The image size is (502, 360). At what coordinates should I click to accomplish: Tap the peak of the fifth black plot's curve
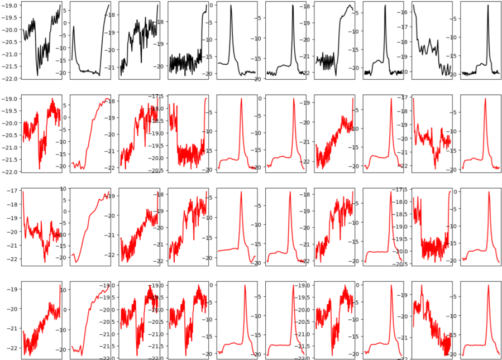231,6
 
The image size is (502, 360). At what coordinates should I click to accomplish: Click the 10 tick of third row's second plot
63,189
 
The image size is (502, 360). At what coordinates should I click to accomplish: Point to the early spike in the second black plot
74,27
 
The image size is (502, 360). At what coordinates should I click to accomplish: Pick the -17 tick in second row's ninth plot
405,98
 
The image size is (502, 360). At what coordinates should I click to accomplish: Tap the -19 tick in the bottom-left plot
14,289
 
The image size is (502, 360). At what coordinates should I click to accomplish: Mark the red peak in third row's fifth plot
241,192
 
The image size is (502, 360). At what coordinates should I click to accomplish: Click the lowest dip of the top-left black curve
37,75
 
